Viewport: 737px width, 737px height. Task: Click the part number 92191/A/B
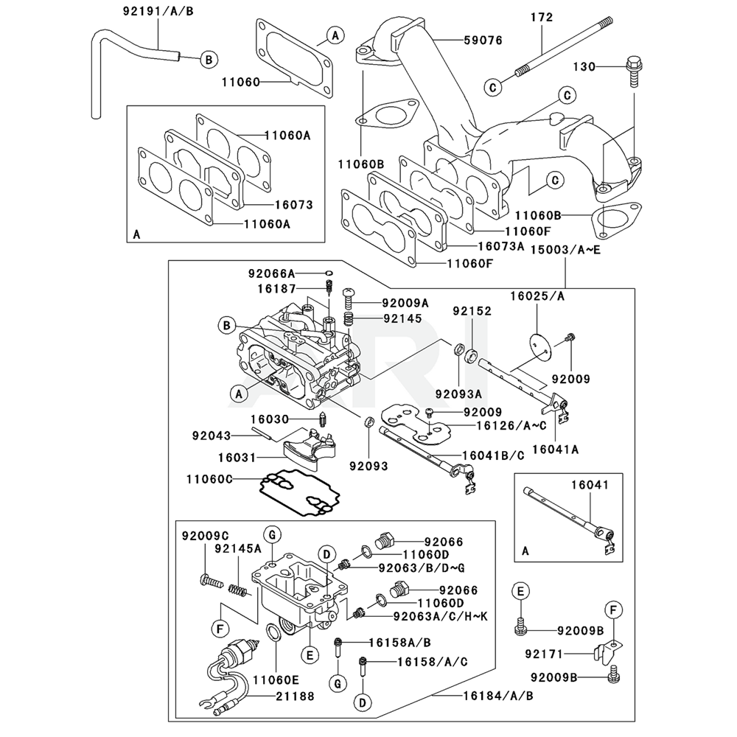coord(153,11)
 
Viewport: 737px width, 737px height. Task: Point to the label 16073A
coord(500,245)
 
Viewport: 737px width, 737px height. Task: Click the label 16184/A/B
coord(497,695)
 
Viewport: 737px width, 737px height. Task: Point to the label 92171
coord(545,653)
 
